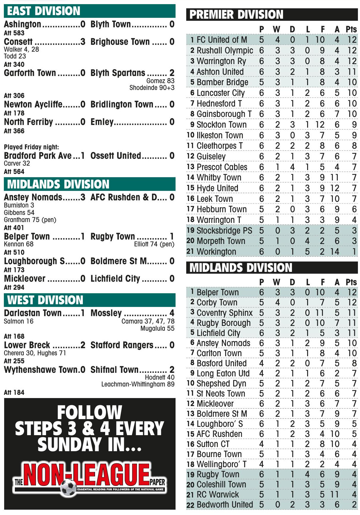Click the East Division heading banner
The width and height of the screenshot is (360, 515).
tap(89, 11)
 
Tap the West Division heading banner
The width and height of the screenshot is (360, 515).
tap(89, 300)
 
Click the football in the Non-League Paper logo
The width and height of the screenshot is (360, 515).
tap(68, 487)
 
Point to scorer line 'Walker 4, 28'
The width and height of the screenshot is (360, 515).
tap(21, 49)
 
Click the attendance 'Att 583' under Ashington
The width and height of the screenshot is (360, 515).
tap(14, 33)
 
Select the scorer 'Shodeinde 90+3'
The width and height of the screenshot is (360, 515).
tap(152, 88)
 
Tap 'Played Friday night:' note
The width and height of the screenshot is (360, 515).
tap(31, 147)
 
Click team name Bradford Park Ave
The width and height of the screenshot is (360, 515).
tap(38, 156)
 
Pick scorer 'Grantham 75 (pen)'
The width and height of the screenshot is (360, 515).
tap(30, 220)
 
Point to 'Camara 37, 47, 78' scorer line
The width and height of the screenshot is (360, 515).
tap(148, 321)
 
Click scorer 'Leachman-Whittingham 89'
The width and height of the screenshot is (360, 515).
tap(138, 384)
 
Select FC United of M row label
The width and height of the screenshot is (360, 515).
tap(222, 40)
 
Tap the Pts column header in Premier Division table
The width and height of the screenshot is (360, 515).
tap(351, 29)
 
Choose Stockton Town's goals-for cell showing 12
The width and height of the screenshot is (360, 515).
tap(320, 125)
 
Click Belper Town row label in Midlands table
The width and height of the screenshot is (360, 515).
tap(217, 292)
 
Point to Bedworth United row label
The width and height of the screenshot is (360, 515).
tap(225, 505)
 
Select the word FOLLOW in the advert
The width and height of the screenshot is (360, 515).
tap(89, 412)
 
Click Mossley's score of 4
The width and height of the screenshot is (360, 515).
tap(172, 313)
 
